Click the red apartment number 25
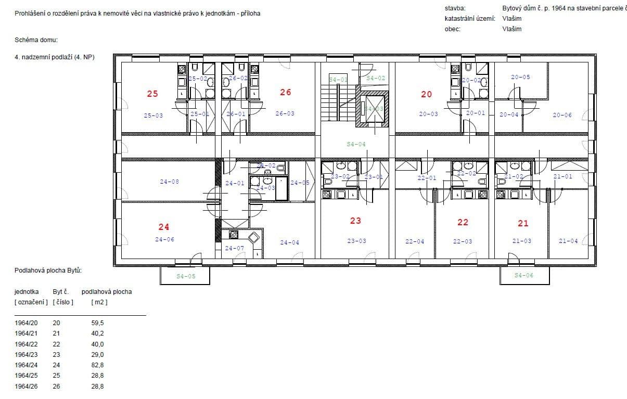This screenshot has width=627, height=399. (152, 94)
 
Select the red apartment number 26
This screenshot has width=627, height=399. (285, 92)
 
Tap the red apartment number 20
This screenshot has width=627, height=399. (426, 94)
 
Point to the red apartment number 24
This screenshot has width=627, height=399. (164, 227)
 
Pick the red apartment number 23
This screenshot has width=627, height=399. (355, 221)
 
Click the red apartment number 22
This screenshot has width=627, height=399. (463, 222)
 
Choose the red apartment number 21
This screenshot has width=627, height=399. (523, 223)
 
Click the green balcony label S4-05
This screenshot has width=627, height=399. (186, 276)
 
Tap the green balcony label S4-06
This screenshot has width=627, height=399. (523, 275)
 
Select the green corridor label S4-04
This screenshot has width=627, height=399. (356, 144)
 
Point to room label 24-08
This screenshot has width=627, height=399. (169, 182)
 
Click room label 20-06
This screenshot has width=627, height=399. (562, 115)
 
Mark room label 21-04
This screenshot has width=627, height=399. (568, 241)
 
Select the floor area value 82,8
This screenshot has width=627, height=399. (97, 365)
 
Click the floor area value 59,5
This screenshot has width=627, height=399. (97, 323)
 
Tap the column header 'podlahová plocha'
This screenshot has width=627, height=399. (107, 291)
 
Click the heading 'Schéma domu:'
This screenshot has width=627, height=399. (36, 40)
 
